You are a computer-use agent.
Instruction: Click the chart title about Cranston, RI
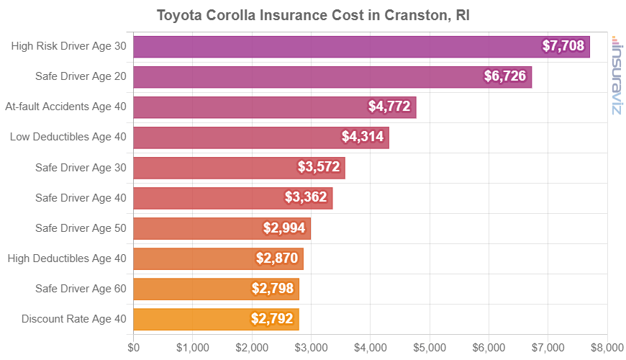pos(313,15)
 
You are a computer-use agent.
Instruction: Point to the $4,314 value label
pos(363,138)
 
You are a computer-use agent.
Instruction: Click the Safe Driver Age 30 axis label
pos(81,168)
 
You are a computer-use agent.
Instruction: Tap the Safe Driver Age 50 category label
pos(81,228)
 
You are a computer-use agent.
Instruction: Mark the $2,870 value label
pos(277,258)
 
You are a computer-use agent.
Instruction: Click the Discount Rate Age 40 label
pos(73,319)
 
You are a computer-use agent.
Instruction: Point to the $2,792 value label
pos(273,319)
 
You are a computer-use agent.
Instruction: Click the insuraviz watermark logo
pos(616,76)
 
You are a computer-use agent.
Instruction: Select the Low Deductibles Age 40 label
pos(68,138)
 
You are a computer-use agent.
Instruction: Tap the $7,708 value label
pos(565,47)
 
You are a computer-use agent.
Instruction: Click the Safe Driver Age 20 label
pos(81,77)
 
